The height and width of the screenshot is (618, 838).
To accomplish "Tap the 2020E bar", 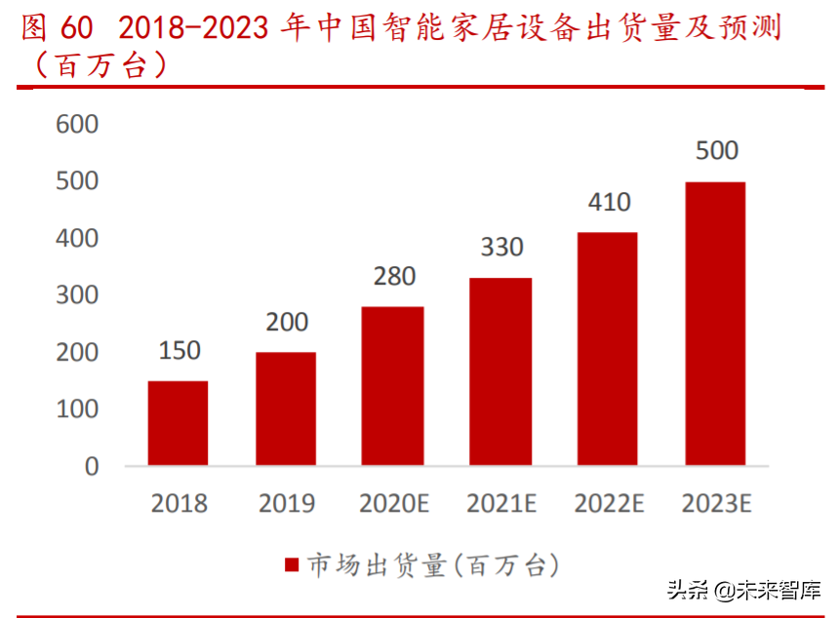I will click(x=393, y=385).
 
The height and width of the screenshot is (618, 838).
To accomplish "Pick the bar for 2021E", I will click(x=500, y=370).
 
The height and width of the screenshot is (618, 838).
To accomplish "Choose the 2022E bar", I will click(x=608, y=348).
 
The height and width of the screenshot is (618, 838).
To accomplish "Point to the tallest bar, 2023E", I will click(x=715, y=323).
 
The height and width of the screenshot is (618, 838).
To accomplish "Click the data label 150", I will click(x=179, y=351).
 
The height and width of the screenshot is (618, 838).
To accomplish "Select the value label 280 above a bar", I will click(x=394, y=277).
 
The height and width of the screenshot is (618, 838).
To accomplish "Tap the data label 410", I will click(x=609, y=203).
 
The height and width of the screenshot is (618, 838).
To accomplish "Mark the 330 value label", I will click(x=501, y=248).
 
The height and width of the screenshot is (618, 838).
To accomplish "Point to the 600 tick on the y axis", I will click(x=78, y=124).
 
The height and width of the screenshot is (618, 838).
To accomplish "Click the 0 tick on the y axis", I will click(x=92, y=466).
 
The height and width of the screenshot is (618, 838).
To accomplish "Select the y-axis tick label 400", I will click(x=78, y=238).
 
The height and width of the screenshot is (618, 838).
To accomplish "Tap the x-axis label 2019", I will click(x=286, y=503).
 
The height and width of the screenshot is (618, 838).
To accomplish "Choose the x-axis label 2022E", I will click(x=609, y=503).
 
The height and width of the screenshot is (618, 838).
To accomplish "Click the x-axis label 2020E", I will click(x=394, y=503).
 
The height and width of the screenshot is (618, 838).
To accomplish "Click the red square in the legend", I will click(x=291, y=565).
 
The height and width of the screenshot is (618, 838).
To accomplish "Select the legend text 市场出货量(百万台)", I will click(x=433, y=564).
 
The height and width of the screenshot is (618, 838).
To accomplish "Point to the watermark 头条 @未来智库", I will click(x=743, y=590).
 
